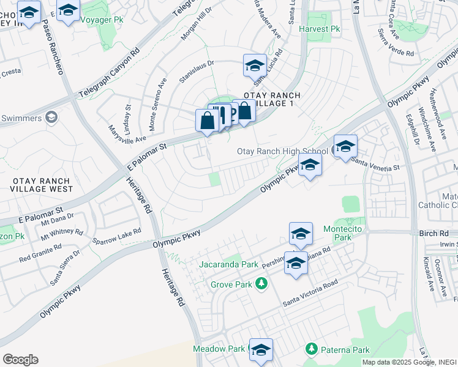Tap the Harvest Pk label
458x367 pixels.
[x=319, y=29]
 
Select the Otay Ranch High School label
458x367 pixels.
[x=282, y=151]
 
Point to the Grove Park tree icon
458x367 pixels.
[x=261, y=284]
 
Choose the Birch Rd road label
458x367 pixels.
[x=435, y=234]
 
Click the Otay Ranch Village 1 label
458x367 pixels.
[x=270, y=100]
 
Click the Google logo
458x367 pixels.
[x=20, y=360]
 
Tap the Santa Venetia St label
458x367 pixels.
[x=375, y=162]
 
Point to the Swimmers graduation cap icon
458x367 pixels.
[x=51, y=117]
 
